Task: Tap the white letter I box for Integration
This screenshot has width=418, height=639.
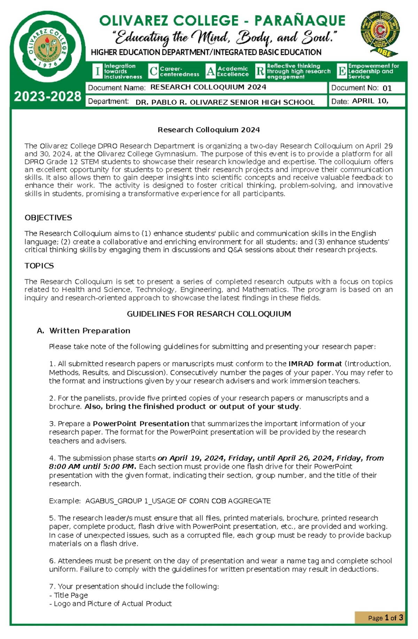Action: (98, 71)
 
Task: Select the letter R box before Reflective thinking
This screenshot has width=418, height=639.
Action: (260, 71)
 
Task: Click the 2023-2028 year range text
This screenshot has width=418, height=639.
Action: (47, 96)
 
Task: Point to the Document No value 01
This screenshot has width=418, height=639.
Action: (387, 88)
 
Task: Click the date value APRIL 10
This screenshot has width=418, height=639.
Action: (370, 101)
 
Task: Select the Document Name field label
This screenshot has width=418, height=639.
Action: (117, 88)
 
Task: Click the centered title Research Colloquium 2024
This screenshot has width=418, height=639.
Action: (209, 130)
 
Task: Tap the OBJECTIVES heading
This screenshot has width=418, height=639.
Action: (48, 218)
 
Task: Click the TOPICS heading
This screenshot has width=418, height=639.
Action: (39, 266)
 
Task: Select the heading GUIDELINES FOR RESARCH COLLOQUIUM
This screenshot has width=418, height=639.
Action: (209, 314)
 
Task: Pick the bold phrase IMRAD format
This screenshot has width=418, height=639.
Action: (315, 364)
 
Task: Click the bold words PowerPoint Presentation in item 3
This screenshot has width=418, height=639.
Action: (141, 423)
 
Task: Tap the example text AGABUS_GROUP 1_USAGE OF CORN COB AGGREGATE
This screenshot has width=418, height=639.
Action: (178, 501)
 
